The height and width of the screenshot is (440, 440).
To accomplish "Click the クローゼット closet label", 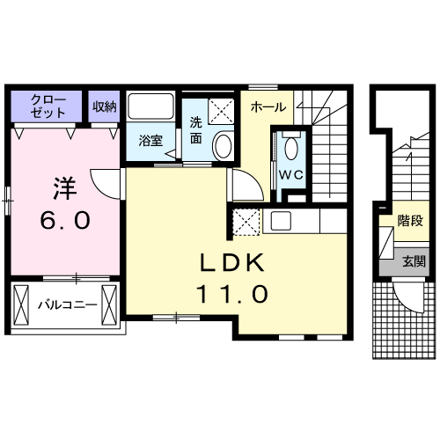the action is click(48, 106).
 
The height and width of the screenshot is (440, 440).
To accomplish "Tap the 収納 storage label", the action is click(105, 106).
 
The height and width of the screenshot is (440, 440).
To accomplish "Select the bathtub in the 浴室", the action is click(150, 106).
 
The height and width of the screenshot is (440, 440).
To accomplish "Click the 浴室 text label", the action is click(150, 141).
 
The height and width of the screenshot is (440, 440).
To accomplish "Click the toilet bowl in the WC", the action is click(291, 149).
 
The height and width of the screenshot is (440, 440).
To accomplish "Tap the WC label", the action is click(290, 175).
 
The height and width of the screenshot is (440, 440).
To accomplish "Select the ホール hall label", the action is click(268, 107).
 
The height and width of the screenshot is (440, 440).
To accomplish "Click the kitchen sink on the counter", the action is click(281, 221).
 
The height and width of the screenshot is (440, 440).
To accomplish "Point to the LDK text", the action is click(232, 263).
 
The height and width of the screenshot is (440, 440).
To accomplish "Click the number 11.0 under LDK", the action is click(232, 294).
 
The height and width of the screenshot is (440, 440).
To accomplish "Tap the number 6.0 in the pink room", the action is click(65, 221).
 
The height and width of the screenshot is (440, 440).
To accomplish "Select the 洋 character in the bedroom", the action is click(65, 188).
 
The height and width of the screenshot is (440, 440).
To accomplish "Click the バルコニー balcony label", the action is click(68, 305).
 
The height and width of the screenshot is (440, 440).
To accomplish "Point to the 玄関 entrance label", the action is click(414, 261).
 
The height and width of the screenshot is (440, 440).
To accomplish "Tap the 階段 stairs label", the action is click(411, 221).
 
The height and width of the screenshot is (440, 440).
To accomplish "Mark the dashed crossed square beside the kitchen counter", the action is click(246, 222).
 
